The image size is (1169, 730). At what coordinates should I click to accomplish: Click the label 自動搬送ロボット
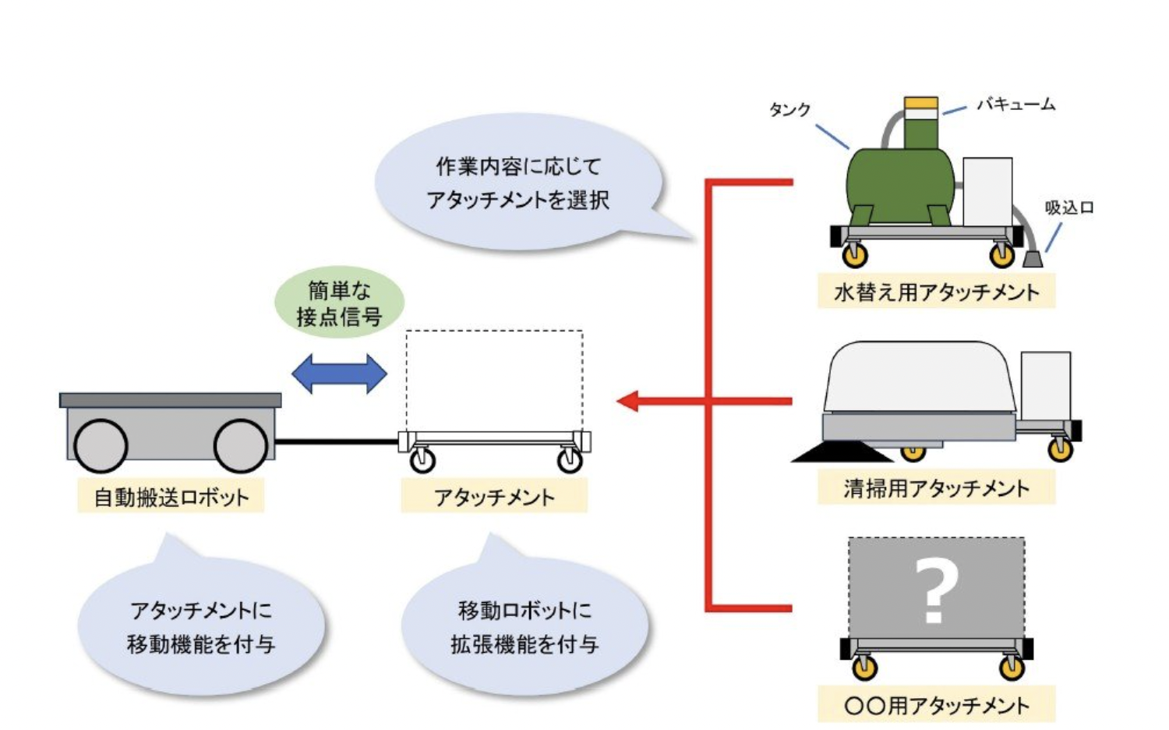point(171,497)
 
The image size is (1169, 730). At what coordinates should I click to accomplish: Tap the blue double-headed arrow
point(339,374)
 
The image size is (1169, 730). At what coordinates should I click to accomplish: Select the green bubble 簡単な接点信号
point(339,303)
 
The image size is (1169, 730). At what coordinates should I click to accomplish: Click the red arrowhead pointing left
point(628,401)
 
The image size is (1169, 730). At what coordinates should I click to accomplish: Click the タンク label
point(789,110)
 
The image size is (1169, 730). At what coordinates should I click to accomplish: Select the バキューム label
point(1015,104)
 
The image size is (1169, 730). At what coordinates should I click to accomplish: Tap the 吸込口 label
point(1068,207)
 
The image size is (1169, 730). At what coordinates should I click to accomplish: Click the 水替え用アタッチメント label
point(936,292)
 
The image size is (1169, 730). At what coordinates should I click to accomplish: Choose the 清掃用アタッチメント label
point(936,488)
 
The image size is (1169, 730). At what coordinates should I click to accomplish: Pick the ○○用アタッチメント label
point(936,705)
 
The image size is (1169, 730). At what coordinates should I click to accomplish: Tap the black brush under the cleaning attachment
point(842,452)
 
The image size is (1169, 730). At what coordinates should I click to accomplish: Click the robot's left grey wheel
point(101,445)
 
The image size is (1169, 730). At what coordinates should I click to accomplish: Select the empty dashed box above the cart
point(494,381)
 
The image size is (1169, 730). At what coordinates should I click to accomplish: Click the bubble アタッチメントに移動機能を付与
point(201,627)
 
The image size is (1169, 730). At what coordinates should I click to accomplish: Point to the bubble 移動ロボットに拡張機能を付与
point(524,627)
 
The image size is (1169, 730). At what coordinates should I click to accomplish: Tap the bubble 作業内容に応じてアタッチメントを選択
point(518,183)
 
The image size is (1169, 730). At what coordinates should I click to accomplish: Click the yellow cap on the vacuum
point(920,104)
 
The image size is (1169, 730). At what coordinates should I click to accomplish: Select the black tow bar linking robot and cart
point(337,442)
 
